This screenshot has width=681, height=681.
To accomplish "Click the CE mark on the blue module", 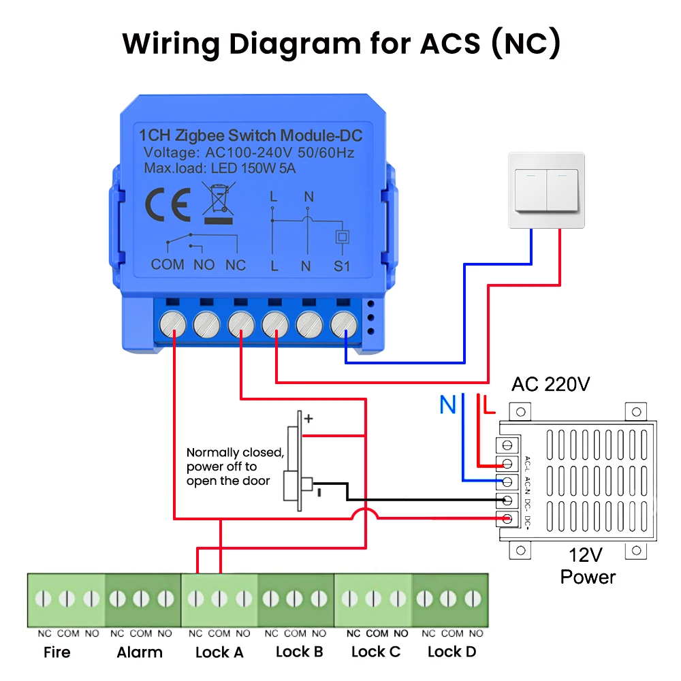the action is point(168,204).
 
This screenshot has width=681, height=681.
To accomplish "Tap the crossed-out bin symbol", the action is point(219,203).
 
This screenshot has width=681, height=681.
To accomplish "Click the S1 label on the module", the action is point(342,266).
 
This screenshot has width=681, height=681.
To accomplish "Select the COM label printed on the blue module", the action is point(168,264).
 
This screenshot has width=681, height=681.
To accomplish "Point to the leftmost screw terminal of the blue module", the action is point(173,324).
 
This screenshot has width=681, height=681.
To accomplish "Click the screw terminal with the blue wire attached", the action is point(343,324).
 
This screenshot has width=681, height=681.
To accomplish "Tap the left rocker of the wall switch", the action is point(530,190).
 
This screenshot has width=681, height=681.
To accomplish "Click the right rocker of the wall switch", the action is point(563,190).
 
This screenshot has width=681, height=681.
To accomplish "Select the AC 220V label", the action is point(551,384).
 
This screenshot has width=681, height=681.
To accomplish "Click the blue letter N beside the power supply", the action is point(448,405).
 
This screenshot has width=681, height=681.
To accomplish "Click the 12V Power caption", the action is point(588,566).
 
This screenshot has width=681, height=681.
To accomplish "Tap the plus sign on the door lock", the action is point(308,418).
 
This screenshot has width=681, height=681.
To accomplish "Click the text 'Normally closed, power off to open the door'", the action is point(235,466).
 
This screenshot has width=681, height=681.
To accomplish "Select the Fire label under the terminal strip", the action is point(57,652).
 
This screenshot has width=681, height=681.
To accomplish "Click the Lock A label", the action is point(219,652).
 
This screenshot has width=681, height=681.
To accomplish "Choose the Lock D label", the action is point(452,652).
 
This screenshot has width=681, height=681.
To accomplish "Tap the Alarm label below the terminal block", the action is point(140,652).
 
